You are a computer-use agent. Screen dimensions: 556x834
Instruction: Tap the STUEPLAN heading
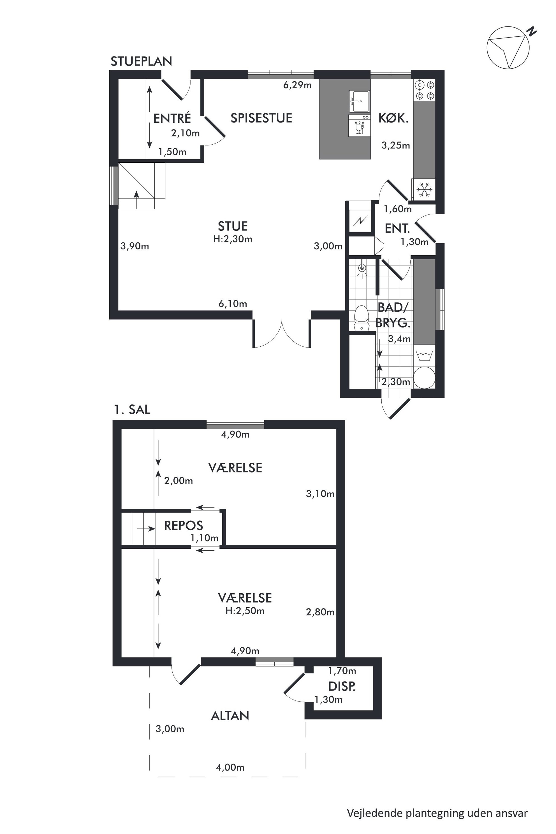click(141, 62)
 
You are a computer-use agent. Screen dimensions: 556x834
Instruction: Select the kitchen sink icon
click(359, 101)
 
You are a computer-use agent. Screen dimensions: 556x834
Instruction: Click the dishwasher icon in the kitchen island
click(359, 125)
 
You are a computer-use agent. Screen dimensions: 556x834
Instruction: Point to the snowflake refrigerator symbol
click(424, 190)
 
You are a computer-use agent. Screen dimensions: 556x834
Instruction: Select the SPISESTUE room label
click(261, 118)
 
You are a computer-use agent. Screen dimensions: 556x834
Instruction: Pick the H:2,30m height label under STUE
click(233, 239)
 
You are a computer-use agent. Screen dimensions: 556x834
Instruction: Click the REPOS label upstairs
click(183, 525)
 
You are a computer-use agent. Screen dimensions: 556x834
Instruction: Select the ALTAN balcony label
click(230, 716)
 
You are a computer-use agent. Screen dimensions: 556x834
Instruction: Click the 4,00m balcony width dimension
click(230, 768)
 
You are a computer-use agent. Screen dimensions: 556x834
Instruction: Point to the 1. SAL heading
click(132, 409)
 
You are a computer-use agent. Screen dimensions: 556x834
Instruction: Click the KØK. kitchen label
click(393, 118)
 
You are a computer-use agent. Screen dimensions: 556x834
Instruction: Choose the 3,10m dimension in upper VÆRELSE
click(320, 494)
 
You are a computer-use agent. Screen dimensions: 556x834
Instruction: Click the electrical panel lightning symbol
click(360, 222)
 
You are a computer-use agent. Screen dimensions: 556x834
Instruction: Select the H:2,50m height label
click(245, 611)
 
